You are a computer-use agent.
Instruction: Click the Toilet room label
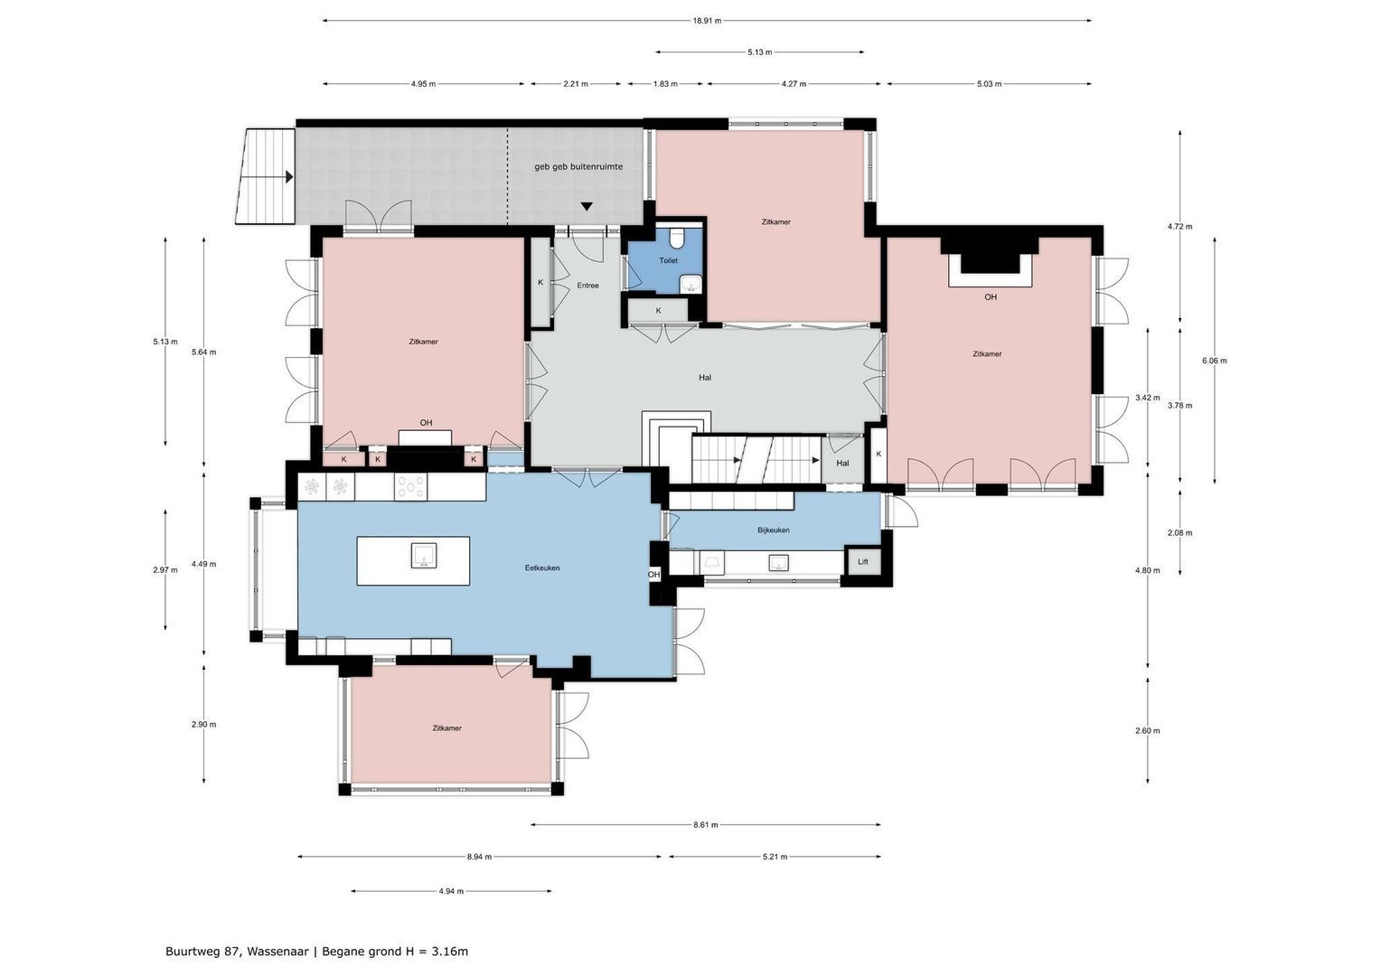tap(668, 260)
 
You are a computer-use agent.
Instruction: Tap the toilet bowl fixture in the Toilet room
tap(677, 239)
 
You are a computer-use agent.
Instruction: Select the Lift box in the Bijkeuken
tap(862, 562)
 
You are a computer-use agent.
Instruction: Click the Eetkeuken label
tap(542, 568)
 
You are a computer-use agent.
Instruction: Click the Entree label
tap(587, 286)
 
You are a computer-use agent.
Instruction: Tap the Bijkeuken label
tap(774, 530)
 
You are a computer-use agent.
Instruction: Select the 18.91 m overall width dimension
tap(706, 20)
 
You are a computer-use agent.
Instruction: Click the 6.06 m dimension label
tap(1214, 361)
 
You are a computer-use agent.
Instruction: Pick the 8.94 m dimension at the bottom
tap(479, 857)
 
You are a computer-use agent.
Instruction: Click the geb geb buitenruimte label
tap(578, 166)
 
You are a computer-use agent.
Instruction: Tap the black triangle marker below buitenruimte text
tap(587, 207)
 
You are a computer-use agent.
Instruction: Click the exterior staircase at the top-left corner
tap(267, 176)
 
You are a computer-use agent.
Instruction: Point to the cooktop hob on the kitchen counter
tap(410, 487)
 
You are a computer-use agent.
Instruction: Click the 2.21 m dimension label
tap(576, 84)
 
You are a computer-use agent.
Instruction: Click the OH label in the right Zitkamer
tap(991, 296)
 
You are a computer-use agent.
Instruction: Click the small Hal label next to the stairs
tap(842, 464)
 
